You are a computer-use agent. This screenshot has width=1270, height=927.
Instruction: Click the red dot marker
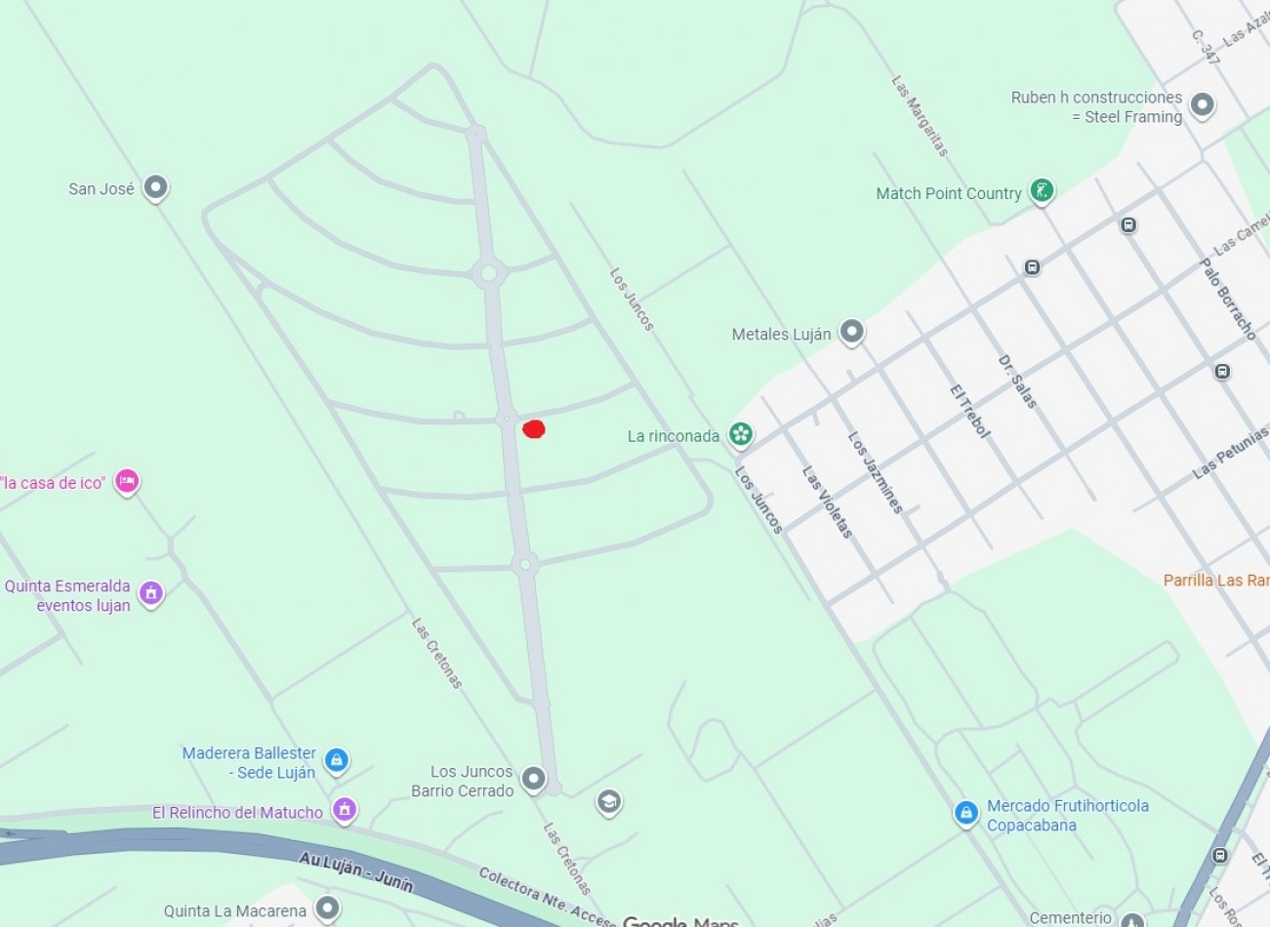point(533,428)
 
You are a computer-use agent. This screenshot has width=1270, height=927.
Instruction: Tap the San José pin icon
point(155,187)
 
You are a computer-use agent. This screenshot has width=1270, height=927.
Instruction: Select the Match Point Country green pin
point(1043,191)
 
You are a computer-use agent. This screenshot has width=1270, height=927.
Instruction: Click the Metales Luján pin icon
point(852,332)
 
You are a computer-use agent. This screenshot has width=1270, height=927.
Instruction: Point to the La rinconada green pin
point(741,435)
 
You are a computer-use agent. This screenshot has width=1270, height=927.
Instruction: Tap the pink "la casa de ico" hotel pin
point(126,481)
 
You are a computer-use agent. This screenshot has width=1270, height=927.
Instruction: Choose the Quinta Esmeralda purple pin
point(150,592)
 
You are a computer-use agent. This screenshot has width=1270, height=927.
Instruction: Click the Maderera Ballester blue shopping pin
point(337,760)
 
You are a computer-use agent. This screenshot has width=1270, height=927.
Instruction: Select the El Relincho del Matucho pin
point(344,809)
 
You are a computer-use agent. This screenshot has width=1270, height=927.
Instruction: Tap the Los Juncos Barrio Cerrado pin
point(533,779)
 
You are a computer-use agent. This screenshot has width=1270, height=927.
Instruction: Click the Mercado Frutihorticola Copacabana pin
point(965,813)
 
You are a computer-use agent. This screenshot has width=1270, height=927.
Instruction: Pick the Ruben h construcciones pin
point(1203,104)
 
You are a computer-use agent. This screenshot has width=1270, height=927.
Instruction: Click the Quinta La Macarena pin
point(327,908)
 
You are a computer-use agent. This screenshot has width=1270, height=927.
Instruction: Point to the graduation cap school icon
point(609,802)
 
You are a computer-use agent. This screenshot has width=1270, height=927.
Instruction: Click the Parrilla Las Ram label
point(1215,581)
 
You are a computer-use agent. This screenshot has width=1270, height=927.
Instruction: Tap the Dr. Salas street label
point(1016,382)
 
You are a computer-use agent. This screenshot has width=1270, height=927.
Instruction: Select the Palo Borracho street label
point(1227,299)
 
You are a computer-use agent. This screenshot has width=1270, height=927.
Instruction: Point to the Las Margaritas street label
point(920,116)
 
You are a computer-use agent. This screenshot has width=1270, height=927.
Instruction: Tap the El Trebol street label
point(969,411)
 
